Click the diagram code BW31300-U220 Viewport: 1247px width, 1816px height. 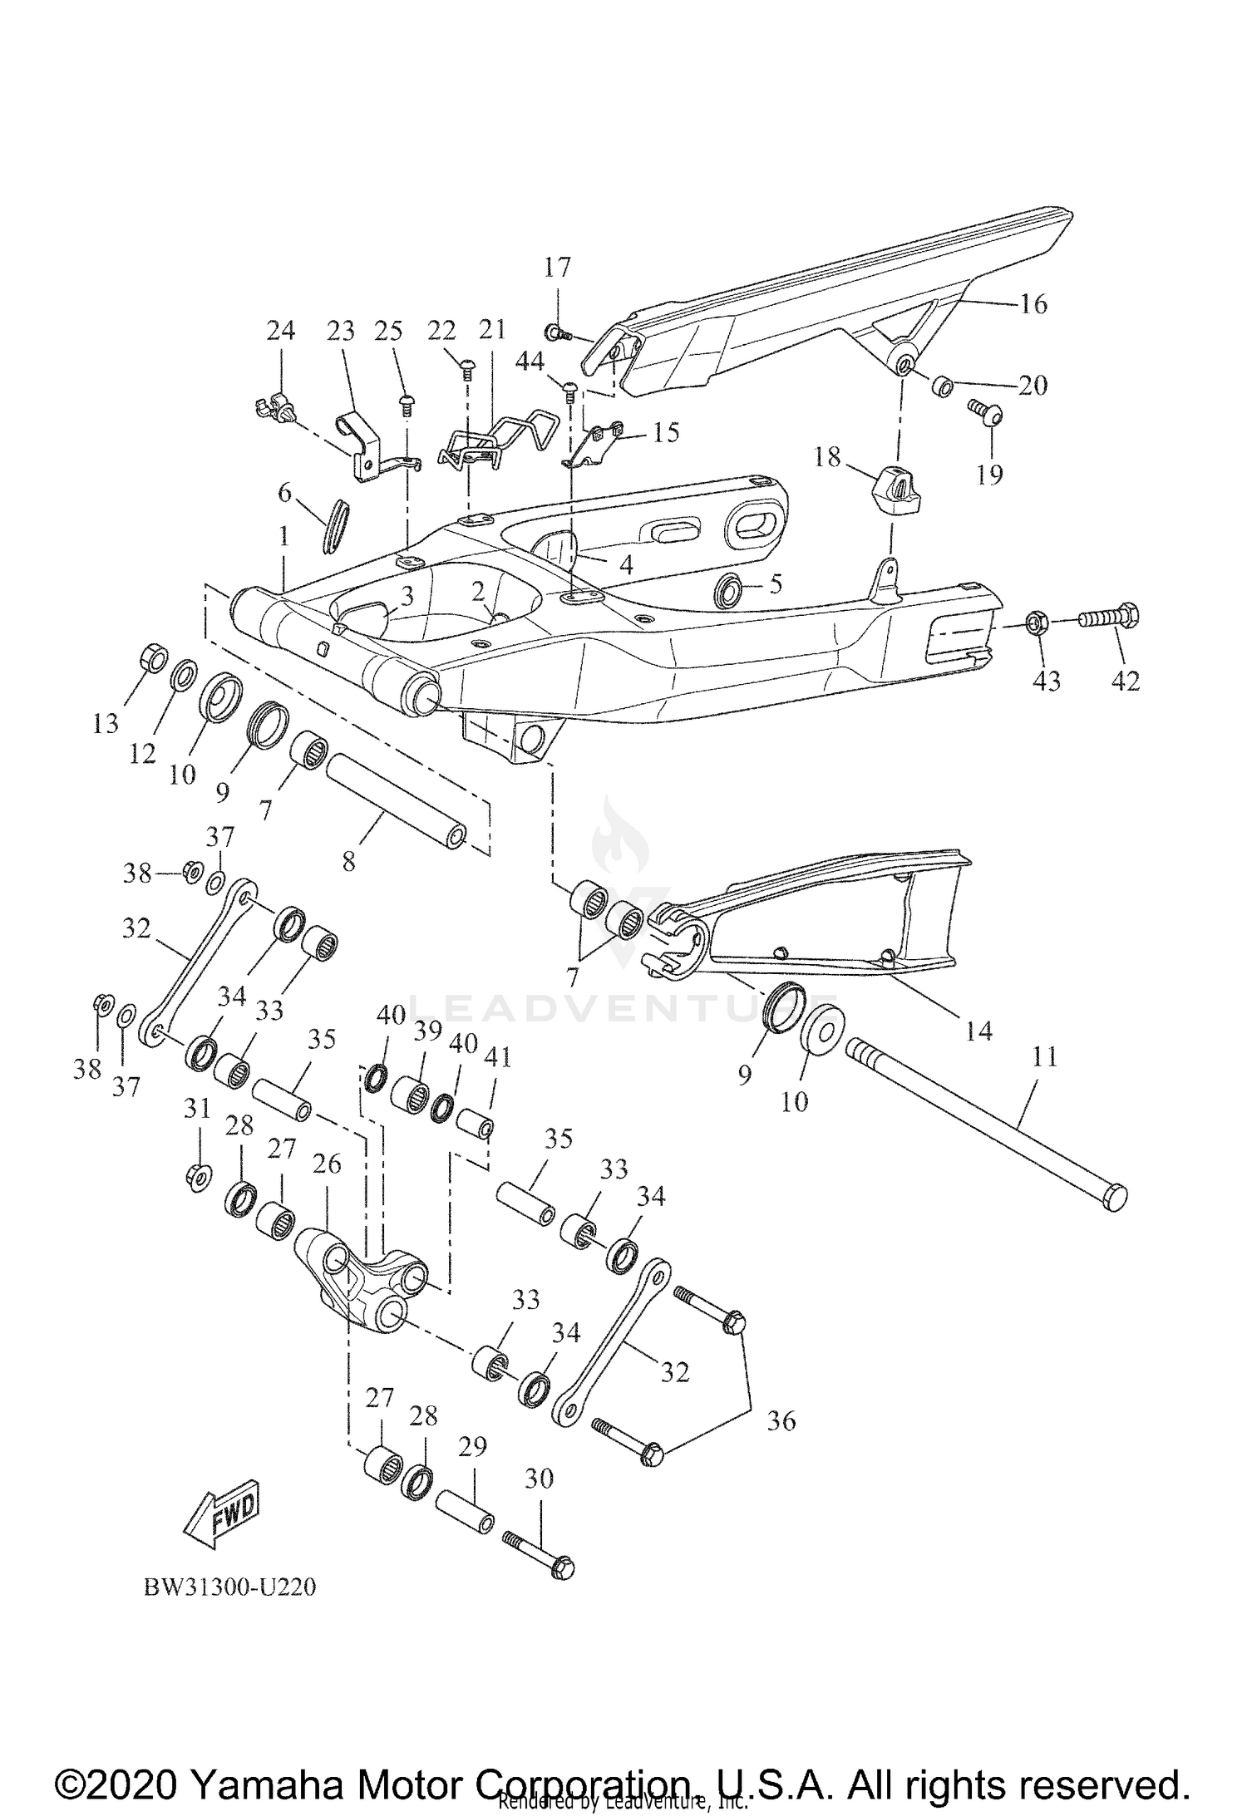point(230,1587)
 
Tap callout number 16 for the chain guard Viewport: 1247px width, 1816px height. point(1033,304)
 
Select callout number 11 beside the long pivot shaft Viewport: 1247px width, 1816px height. point(1044,1057)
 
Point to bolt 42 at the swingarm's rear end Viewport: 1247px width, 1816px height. point(1109,618)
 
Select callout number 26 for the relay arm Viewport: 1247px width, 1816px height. point(327,1164)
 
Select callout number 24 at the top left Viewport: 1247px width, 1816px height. point(280,331)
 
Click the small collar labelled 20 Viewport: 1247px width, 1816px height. point(942,386)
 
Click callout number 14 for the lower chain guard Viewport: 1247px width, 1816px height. point(979,1031)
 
